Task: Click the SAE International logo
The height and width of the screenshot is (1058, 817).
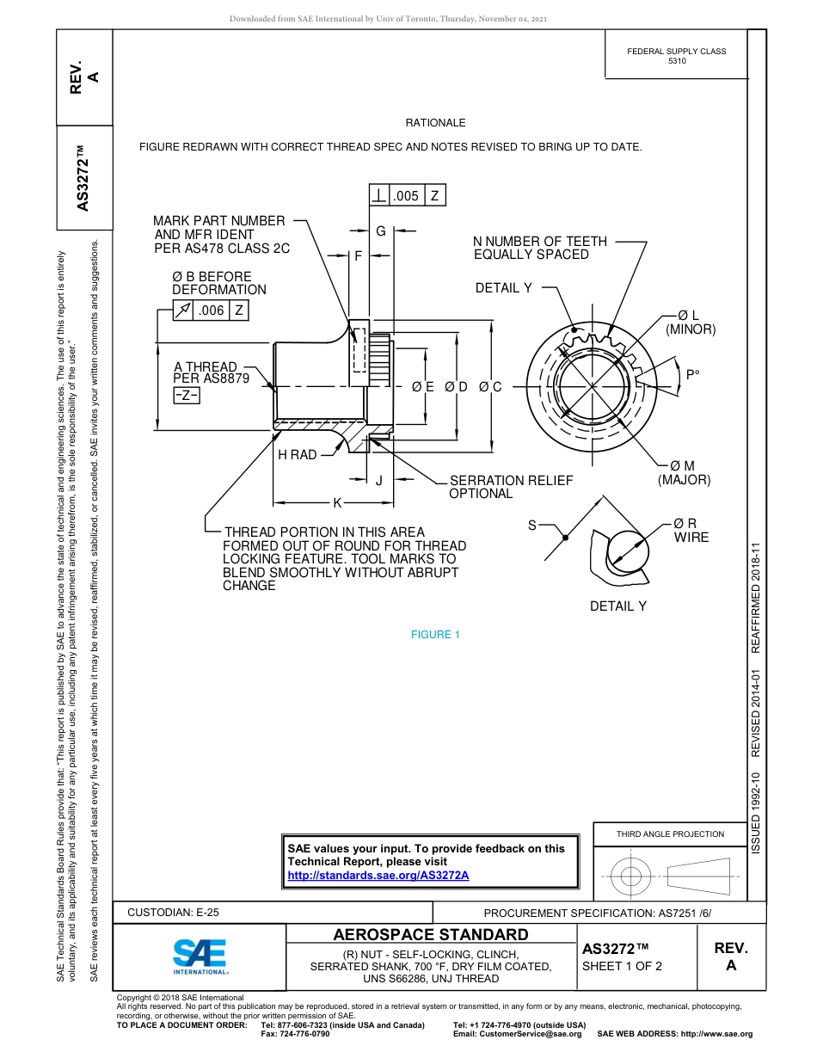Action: pos(200,955)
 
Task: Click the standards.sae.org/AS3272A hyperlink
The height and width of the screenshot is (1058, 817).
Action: pos(378,875)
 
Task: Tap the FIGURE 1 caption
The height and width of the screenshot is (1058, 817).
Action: pos(435,635)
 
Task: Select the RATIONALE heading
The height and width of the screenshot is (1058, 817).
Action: pos(435,123)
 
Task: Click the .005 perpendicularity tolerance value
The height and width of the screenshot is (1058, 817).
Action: pos(406,196)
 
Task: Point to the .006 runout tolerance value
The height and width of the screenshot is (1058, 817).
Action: pos(211,311)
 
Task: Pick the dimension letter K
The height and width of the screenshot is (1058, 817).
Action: pos(337,502)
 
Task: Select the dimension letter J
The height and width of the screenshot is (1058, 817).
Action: pos(378,481)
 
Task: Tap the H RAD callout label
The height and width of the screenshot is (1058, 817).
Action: pos(297,454)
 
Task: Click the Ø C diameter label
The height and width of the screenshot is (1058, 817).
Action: pos(490,387)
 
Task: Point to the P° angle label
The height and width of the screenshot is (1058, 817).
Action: pos(692,374)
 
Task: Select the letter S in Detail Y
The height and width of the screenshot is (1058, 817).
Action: pos(531,525)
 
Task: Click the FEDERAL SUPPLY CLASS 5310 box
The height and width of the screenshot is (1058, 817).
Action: pos(676,56)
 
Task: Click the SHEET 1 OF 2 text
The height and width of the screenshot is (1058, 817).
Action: pos(622,966)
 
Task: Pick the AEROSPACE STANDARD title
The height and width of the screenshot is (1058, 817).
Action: pos(431,934)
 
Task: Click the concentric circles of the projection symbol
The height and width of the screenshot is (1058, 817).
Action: pos(632,877)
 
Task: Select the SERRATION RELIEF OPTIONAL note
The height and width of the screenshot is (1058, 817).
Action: pos(510,487)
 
